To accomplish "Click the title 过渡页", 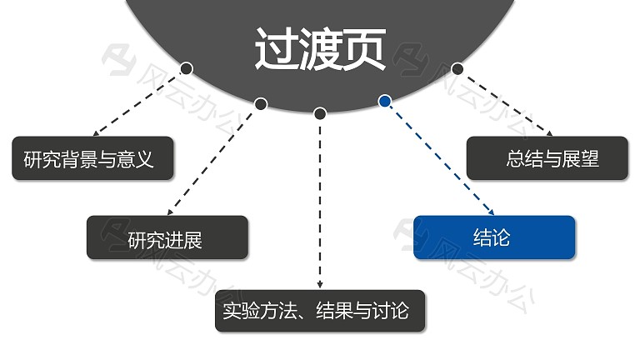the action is pyautogui.click(x=320, y=49).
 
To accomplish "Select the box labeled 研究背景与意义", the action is pyautogui.click(x=92, y=158).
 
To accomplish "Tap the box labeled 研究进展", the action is pyautogui.click(x=167, y=237).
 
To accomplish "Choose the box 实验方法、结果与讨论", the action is pyautogui.click(x=320, y=311).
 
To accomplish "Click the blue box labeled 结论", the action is pyautogui.click(x=494, y=237).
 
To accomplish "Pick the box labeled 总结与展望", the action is pyautogui.click(x=547, y=158).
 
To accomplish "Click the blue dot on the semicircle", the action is pyautogui.click(x=384, y=101).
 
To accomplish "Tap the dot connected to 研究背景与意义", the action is pyautogui.click(x=187, y=68).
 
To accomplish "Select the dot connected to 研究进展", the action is pyautogui.click(x=261, y=104).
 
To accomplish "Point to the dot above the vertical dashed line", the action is pyautogui.click(x=320, y=113).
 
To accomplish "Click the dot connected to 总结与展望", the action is pyautogui.click(x=457, y=68).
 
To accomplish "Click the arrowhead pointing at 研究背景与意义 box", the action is pyautogui.click(x=96, y=133).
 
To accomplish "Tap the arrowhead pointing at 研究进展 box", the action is pyautogui.click(x=170, y=212).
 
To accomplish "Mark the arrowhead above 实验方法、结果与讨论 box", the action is pyautogui.click(x=320, y=285).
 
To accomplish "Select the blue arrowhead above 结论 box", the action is pyautogui.click(x=492, y=212).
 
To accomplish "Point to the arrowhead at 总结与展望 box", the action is pyautogui.click(x=549, y=133).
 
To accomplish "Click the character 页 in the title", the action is pyautogui.click(x=364, y=49).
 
